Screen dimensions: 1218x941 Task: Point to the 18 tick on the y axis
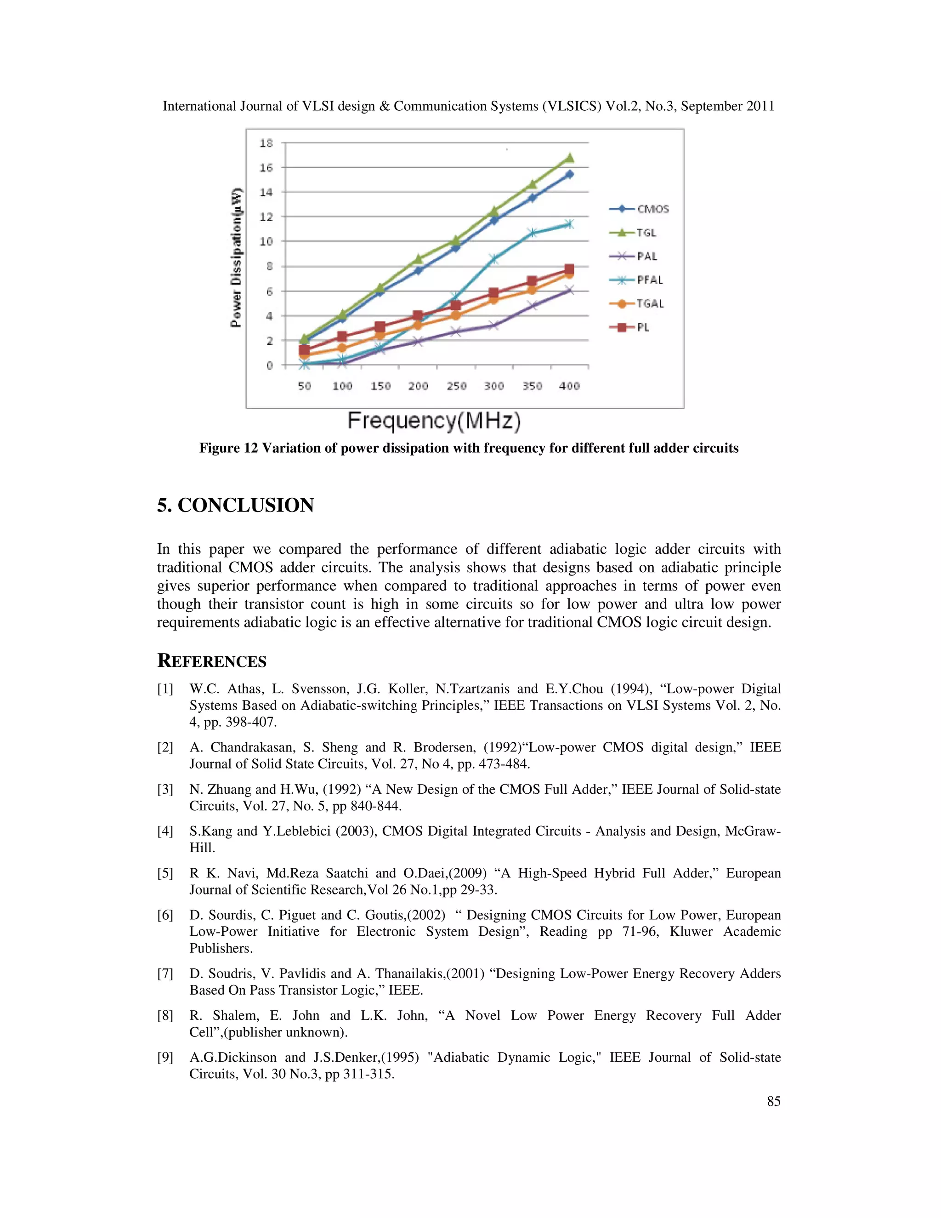[x=266, y=143]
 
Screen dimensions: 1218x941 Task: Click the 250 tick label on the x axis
[x=456, y=386]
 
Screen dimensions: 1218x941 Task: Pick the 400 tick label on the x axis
[x=569, y=386]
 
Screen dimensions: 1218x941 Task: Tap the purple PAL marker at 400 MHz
[x=569, y=290]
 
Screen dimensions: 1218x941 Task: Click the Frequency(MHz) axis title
[x=434, y=421]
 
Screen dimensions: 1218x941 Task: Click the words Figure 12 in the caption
[x=228, y=449]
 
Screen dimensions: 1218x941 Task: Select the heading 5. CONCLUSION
[x=235, y=505]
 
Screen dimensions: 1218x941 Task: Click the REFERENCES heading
[x=212, y=661]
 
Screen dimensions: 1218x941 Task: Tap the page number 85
[x=773, y=1101]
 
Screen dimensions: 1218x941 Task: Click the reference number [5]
[x=165, y=873]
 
